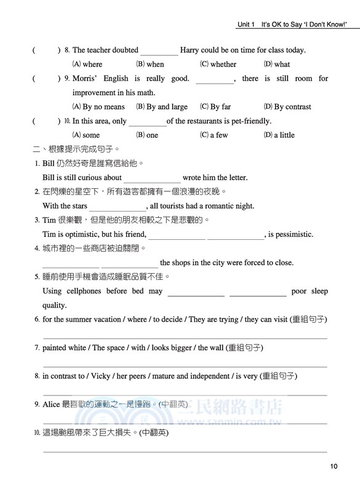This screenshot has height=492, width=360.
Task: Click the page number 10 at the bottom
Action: click(334, 467)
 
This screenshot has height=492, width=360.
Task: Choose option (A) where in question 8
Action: click(87, 64)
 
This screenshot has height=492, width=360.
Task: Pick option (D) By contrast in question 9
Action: click(287, 106)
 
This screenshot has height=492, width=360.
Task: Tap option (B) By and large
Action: click(162, 106)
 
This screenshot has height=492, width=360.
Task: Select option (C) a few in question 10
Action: click(214, 135)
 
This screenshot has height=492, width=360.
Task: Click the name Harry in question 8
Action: click(191, 50)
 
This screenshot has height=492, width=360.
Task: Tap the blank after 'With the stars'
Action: click(118, 207)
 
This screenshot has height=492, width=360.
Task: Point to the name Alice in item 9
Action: click(51, 404)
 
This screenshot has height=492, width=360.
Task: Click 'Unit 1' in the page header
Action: click(246, 25)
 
